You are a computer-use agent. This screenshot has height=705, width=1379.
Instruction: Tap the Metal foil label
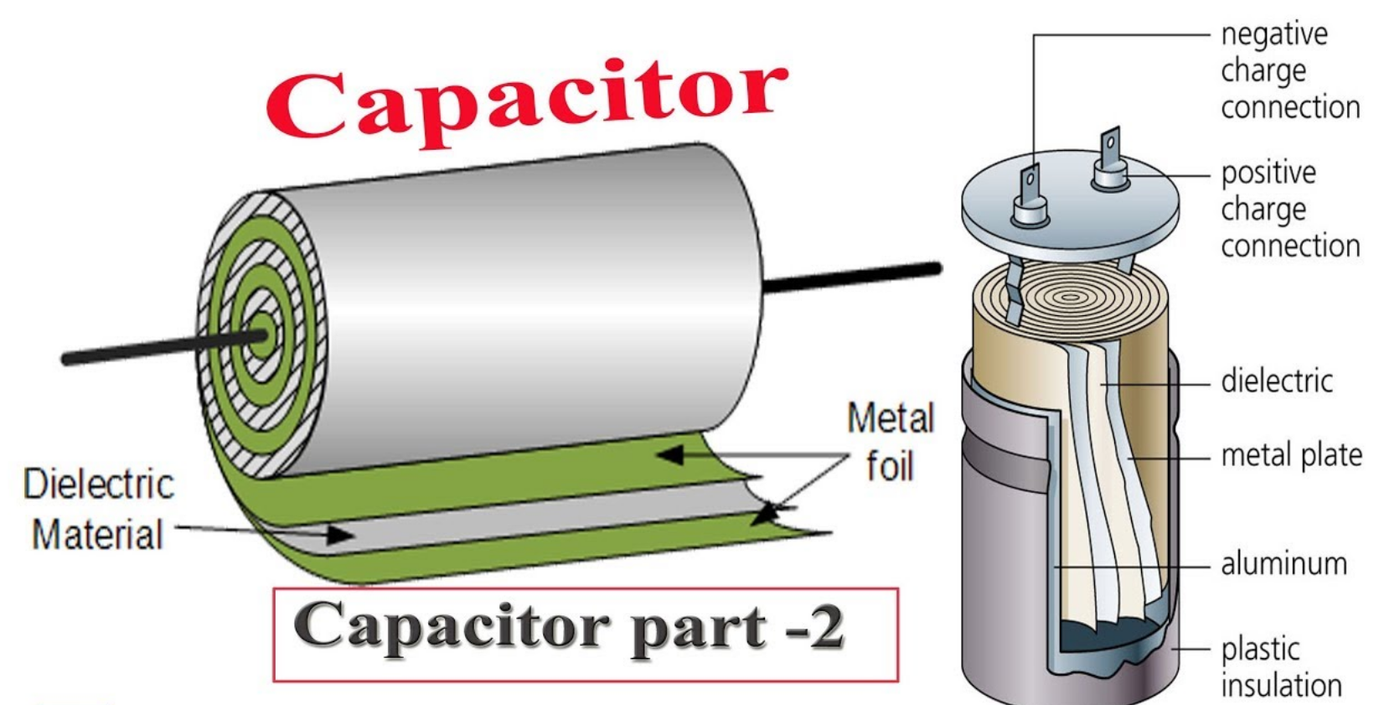890,443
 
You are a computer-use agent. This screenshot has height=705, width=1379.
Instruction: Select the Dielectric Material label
98,510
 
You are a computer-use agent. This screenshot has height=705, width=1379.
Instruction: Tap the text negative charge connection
1289,71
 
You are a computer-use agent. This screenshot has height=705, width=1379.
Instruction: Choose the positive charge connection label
1289,210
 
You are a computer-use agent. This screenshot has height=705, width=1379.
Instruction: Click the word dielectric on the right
1276,381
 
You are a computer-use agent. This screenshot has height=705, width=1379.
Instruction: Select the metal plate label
1291,455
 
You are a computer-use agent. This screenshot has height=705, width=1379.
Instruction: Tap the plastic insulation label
1280,667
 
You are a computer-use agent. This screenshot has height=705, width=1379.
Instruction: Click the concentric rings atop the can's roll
1069,297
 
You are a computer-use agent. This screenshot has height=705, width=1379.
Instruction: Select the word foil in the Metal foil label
889,467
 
